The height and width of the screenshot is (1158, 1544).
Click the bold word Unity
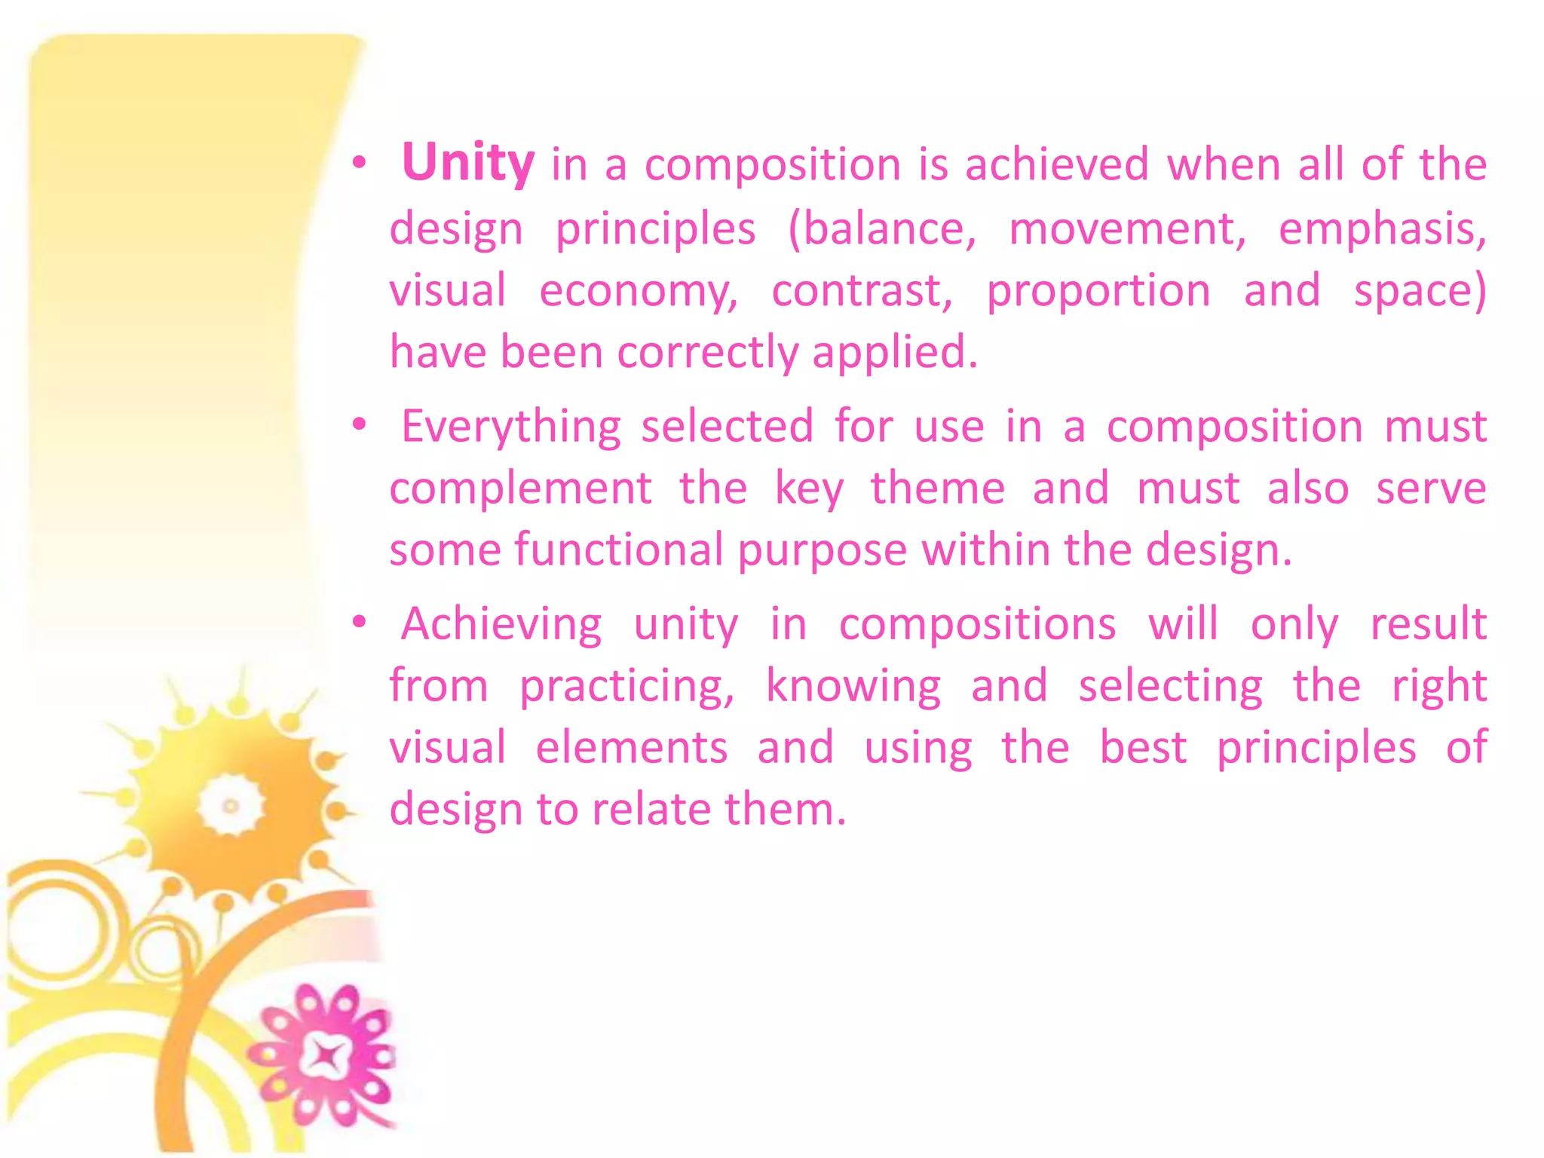(467, 163)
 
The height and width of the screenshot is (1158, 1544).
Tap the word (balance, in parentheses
(881, 229)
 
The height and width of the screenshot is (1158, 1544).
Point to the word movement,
(1128, 229)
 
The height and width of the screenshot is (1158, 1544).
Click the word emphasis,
(1383, 229)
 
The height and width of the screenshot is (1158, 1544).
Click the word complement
(520, 489)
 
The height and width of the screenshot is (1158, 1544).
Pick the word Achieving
(501, 625)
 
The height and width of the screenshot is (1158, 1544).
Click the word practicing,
(626, 687)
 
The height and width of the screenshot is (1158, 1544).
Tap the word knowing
(853, 687)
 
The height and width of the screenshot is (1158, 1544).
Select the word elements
(632, 748)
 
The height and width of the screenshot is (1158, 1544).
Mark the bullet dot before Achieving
(360, 622)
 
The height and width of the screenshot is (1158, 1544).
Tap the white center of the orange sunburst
(230, 805)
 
